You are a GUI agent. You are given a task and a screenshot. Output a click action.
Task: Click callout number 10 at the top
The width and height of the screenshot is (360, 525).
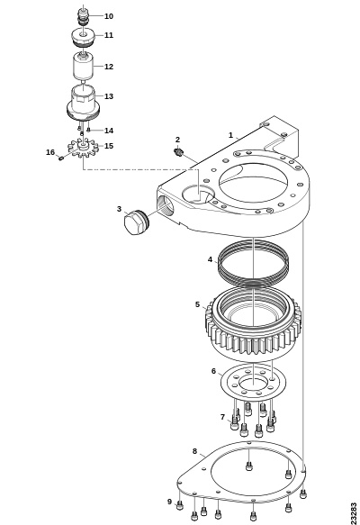point(109,16)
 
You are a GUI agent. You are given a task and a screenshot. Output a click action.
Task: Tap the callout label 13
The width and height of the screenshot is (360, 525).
point(109,96)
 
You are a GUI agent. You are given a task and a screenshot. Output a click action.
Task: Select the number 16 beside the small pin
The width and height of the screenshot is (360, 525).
point(50,152)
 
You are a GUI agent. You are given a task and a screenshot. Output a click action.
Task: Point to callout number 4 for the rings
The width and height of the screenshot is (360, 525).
point(210,259)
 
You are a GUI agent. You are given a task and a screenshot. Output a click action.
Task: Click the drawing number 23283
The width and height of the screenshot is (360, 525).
point(354,512)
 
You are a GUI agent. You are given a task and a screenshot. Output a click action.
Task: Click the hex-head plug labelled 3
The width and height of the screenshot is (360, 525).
point(136,222)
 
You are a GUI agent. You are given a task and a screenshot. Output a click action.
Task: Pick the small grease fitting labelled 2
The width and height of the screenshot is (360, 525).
point(179,152)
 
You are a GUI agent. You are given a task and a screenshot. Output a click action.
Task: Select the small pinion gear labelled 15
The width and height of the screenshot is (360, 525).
point(83,148)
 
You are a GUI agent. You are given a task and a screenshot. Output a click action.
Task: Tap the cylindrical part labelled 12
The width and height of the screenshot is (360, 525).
point(83,67)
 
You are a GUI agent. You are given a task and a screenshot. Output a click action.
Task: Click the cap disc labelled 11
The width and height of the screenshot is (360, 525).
point(83,37)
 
